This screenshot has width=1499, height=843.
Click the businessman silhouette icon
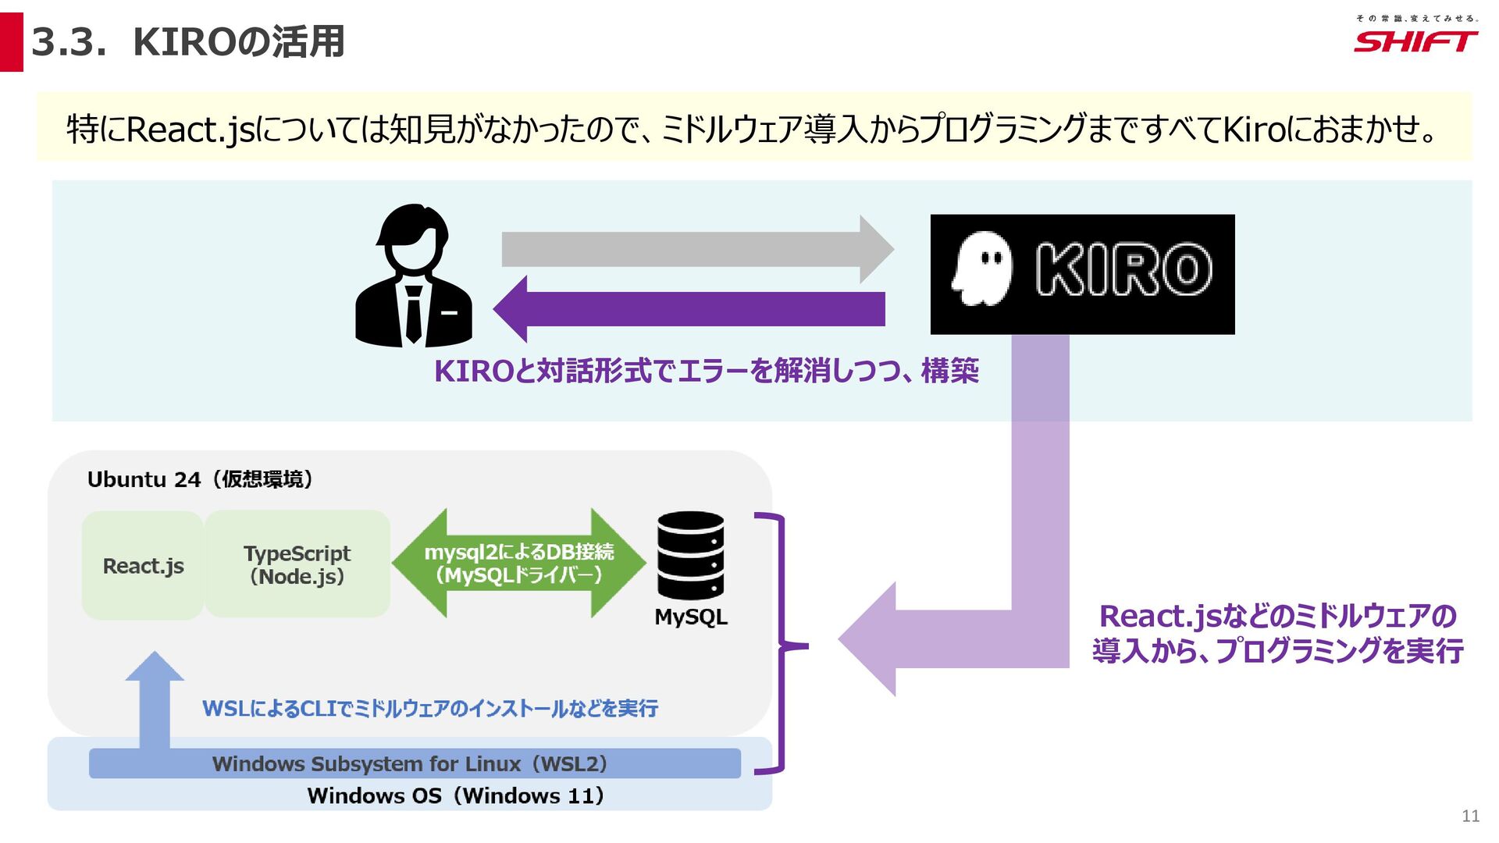(413, 277)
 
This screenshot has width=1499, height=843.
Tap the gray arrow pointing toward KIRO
(695, 249)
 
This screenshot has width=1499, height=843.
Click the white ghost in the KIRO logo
(981, 270)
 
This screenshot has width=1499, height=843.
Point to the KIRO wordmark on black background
(1123, 270)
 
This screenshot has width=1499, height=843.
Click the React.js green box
(143, 566)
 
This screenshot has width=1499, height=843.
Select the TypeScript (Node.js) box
(297, 564)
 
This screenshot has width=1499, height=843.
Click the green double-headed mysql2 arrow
(518, 564)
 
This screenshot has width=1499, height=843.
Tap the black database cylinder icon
(690, 555)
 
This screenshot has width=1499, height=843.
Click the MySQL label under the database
(691, 617)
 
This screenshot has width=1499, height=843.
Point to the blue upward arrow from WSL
(155, 699)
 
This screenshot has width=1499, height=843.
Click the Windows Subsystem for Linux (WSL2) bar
(414, 763)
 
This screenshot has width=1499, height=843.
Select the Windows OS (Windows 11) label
(455, 796)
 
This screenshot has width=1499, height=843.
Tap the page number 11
(1470, 816)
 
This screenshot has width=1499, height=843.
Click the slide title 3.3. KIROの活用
(188, 42)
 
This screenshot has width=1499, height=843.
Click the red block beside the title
(11, 42)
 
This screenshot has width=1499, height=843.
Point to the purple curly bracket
(782, 645)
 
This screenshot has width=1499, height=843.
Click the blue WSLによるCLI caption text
(429, 709)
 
